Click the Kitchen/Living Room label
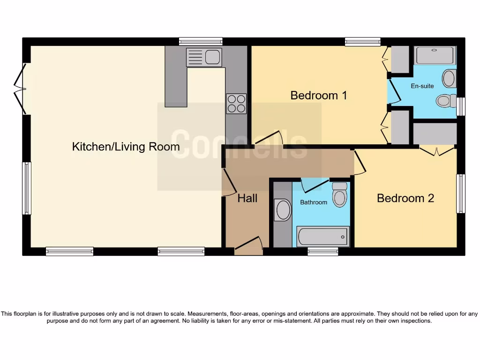coord(126,147)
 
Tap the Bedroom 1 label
coord(319,96)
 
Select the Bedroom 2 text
coord(405,198)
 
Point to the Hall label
coord(247,198)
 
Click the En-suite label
coord(422,86)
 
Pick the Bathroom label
coord(314,202)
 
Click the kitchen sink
coord(204,57)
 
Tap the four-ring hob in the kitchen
coord(236,104)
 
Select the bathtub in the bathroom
coord(323,236)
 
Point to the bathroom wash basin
coord(283,210)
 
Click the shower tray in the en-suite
coord(435,55)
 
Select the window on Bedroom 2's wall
coord(461,193)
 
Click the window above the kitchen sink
coord(201,41)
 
